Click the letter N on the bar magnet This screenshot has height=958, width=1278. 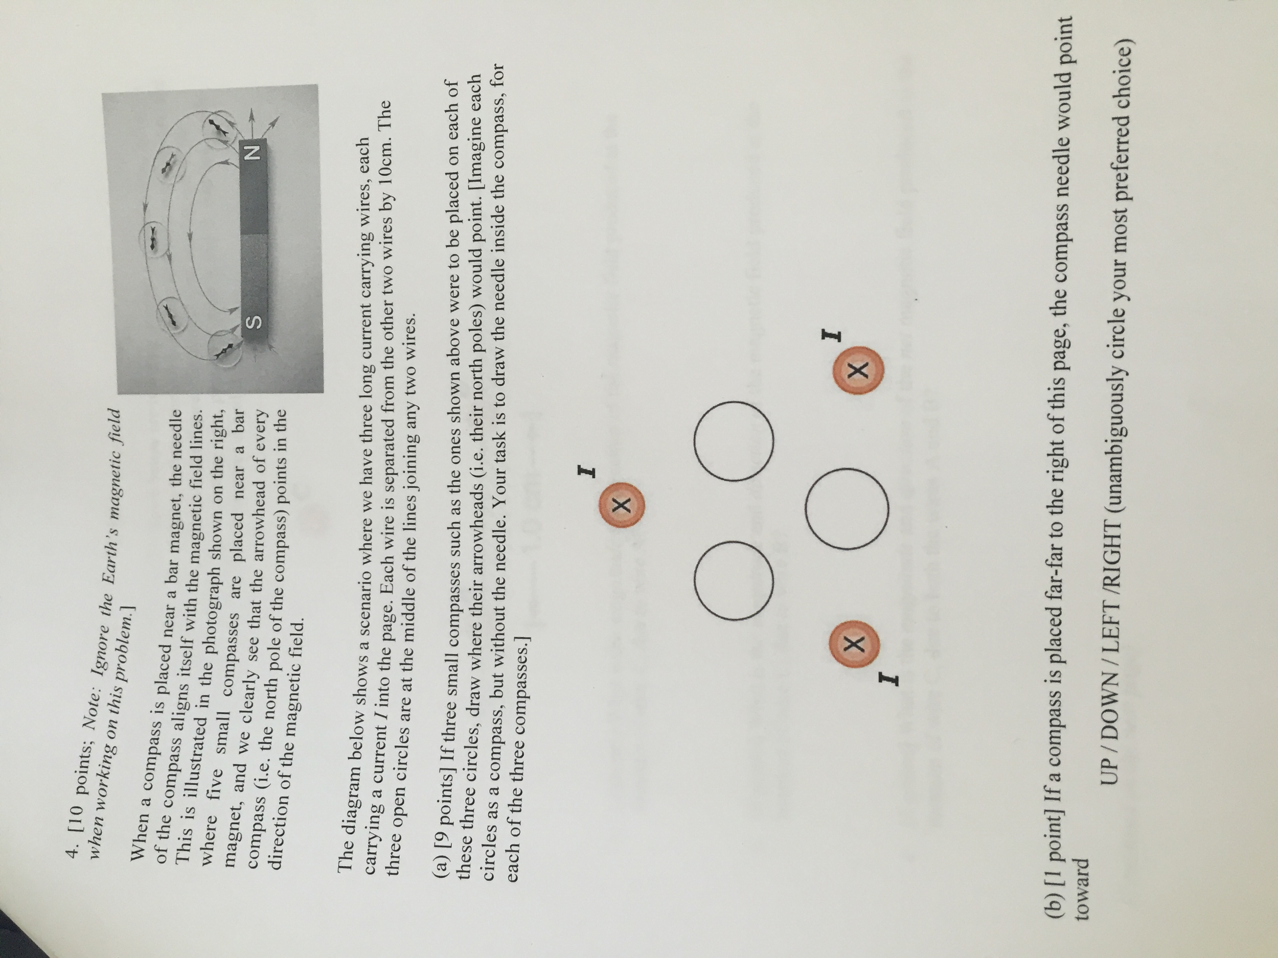254,152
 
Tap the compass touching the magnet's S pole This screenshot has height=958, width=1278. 224,348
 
